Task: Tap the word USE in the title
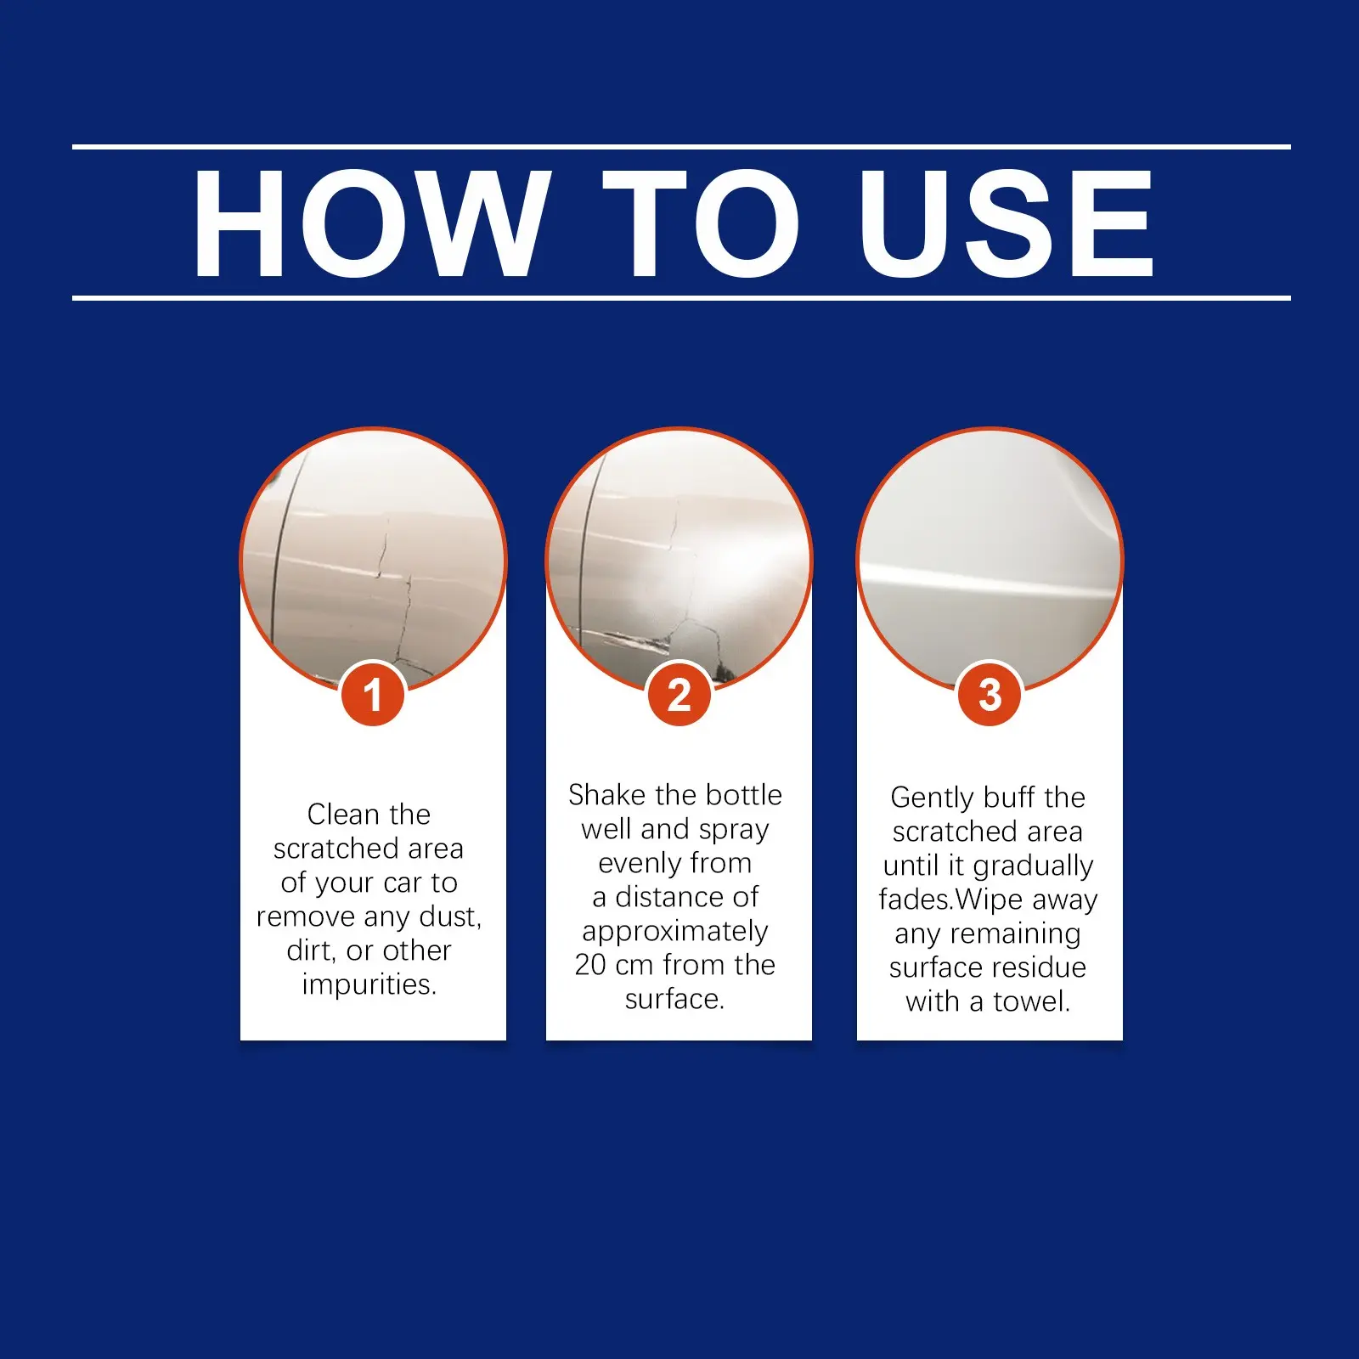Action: pos(1007,223)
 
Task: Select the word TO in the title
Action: pos(701,223)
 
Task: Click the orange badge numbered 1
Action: pos(373,694)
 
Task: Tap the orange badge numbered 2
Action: pos(679,694)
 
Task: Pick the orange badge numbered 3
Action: pos(990,694)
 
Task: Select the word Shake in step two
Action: pos(607,794)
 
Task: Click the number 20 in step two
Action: pos(590,965)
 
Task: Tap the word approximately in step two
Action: pos(675,932)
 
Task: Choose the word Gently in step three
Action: pos(932,798)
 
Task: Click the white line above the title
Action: pos(681,147)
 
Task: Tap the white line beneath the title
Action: pos(681,298)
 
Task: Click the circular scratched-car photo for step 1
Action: pos(373,561)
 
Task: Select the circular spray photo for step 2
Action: pos(679,561)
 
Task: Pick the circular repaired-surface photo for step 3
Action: pos(990,561)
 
